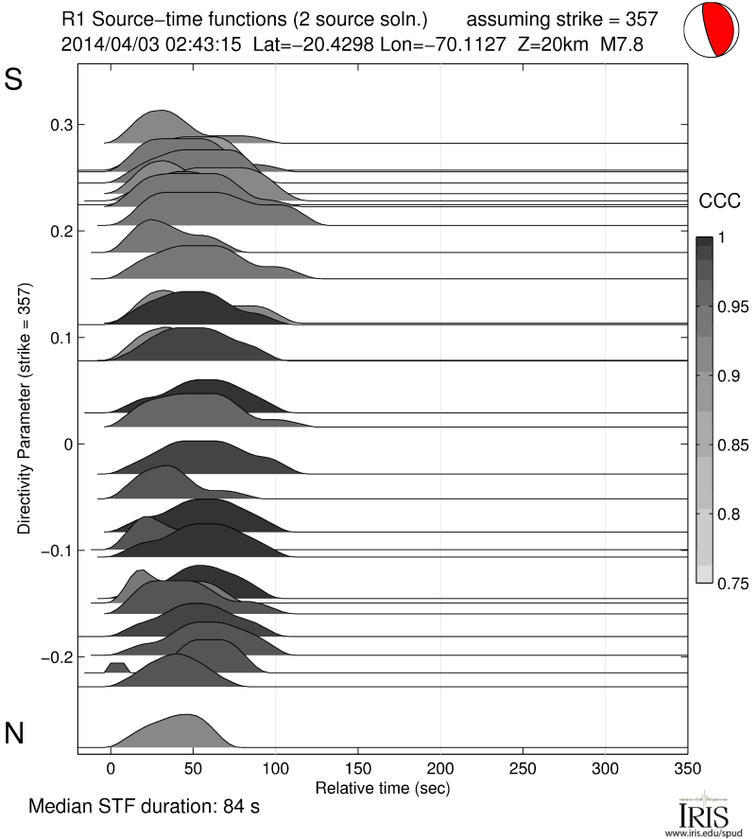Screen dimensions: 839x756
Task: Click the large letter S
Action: pyautogui.click(x=14, y=80)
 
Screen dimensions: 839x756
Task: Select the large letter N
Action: pyautogui.click(x=14, y=732)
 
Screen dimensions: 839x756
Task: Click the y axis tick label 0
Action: pyautogui.click(x=67, y=444)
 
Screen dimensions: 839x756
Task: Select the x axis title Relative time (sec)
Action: pyautogui.click(x=382, y=787)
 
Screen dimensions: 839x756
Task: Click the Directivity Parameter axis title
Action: pyautogui.click(x=24, y=408)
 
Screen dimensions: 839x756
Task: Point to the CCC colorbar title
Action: pyautogui.click(x=718, y=201)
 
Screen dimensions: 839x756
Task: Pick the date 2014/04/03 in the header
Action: pyautogui.click(x=104, y=44)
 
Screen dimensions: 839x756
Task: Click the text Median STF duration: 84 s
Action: pyautogui.click(x=144, y=808)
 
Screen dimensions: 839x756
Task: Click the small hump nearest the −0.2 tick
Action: pyautogui.click(x=116, y=668)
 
